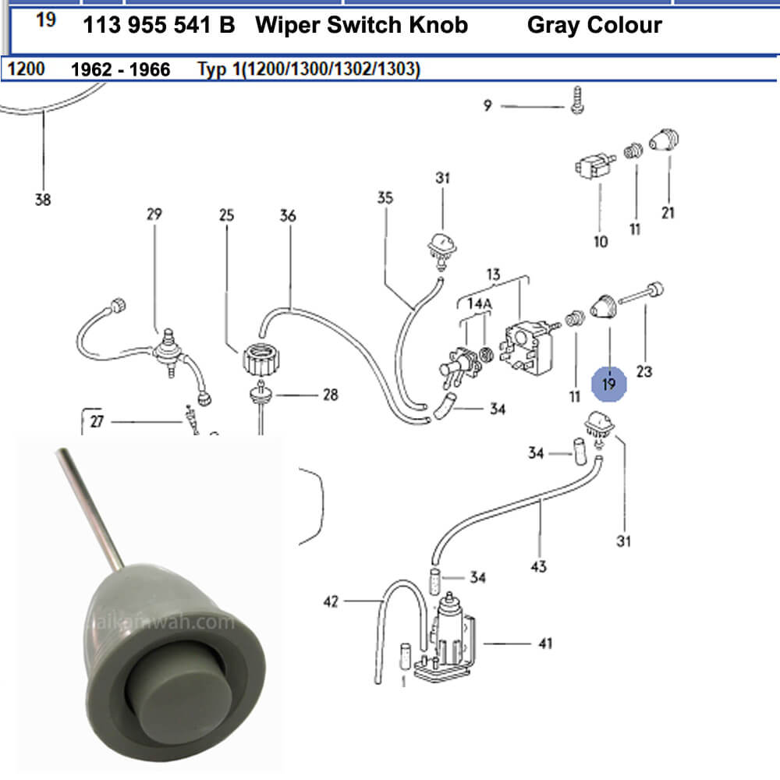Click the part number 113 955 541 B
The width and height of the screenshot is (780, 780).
[158, 25]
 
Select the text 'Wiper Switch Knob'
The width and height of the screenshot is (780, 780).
[361, 25]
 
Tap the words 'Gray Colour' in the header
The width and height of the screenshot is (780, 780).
[594, 25]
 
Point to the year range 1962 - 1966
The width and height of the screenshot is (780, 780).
[120, 69]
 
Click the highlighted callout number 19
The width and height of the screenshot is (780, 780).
[609, 384]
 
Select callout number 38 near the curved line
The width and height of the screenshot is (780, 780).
[43, 200]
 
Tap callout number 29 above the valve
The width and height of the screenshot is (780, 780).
[154, 214]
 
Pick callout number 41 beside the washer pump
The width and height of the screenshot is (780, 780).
[544, 643]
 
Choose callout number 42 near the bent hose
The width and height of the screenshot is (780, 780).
[332, 601]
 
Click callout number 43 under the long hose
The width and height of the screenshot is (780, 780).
[538, 567]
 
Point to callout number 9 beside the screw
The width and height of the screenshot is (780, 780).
[487, 105]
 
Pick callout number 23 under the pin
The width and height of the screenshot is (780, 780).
[643, 372]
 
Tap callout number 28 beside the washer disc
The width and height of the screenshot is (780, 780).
[330, 395]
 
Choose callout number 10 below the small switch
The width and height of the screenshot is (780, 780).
[601, 242]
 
